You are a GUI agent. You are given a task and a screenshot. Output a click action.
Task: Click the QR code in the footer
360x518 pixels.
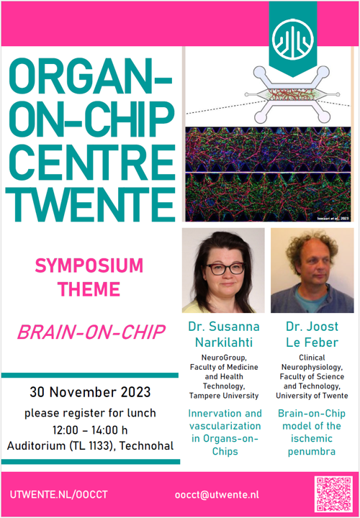333,494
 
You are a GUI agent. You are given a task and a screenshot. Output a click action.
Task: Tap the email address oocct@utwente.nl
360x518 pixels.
217,495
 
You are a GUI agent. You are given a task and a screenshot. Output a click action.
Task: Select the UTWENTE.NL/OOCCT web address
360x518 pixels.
58,495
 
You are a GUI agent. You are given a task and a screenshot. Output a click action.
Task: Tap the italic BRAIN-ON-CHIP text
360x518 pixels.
91,332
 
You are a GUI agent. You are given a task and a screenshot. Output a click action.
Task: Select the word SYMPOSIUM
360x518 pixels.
89,266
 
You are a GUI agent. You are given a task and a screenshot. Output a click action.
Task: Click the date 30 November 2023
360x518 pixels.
90,393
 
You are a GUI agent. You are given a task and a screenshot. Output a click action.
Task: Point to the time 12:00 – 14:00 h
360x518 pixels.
90,430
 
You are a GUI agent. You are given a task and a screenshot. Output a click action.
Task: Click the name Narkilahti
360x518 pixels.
224,342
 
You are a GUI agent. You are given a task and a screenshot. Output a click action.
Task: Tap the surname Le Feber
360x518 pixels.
312,342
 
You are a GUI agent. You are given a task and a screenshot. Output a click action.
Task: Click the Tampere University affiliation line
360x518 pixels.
224,396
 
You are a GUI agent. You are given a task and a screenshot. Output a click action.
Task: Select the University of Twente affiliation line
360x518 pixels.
312,396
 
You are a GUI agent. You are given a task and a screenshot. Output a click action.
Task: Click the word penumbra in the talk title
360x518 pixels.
312,452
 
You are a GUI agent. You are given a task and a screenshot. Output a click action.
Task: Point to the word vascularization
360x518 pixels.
225,426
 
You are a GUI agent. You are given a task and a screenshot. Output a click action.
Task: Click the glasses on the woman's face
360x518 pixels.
225,268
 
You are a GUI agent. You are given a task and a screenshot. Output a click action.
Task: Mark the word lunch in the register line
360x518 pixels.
142,413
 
